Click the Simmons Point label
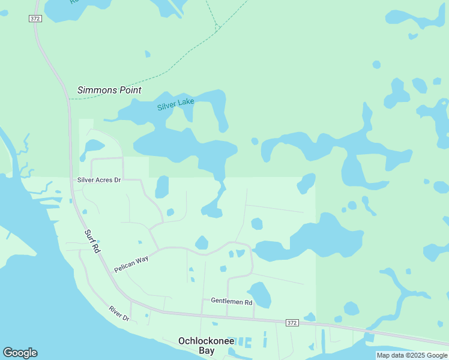pos(109,90)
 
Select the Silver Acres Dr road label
pos(100,180)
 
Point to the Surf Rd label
pos(91,241)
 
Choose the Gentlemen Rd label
pos(231,301)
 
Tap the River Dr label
pos(119,313)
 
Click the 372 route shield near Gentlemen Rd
pos(292,323)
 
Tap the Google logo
pos(20,353)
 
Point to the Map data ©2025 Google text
pos(411,355)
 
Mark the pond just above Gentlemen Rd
pos(260,294)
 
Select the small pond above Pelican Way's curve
pos(202,242)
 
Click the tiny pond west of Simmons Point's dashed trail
pos(148,54)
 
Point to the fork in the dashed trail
pos(217,28)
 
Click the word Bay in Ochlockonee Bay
pos(206,350)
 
